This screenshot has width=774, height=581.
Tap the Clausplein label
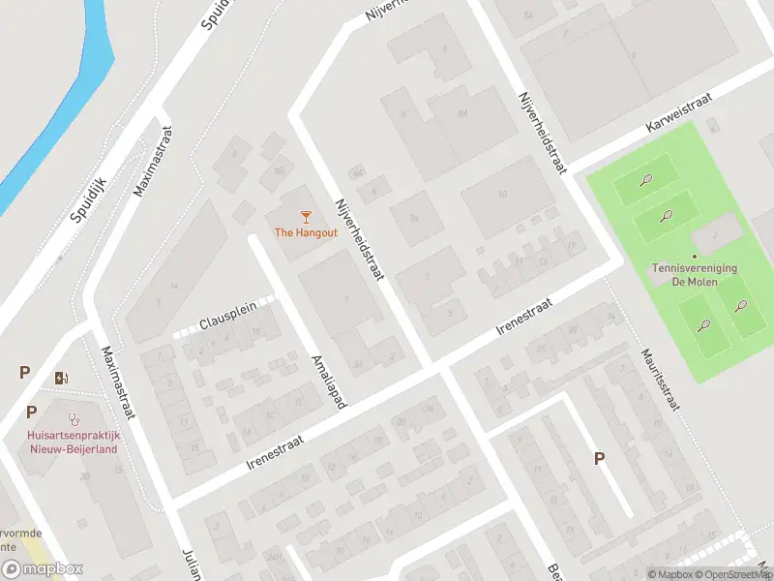click(228, 312)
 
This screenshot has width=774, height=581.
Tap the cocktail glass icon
click(306, 216)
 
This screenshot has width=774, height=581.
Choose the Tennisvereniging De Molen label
click(696, 275)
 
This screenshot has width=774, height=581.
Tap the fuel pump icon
click(63, 378)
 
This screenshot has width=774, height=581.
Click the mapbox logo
click(42, 568)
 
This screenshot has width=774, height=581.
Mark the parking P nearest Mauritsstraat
click(599, 458)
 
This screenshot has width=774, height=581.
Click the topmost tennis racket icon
click(645, 179)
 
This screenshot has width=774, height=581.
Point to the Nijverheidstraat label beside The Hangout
click(359, 240)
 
